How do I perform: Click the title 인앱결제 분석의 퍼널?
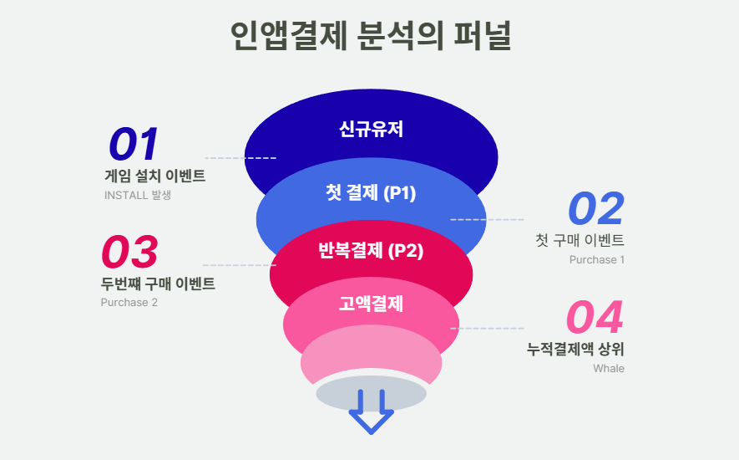[371, 36]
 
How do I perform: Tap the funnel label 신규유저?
[371, 129]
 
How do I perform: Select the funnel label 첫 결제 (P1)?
[371, 192]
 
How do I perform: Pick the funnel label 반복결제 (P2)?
[371, 250]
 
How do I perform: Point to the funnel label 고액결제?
[371, 304]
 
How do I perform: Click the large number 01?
[134, 144]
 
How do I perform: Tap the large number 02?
[596, 208]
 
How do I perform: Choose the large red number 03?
[129, 252]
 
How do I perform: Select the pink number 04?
[595, 317]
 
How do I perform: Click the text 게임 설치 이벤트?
[155, 176]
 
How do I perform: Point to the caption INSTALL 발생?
[138, 195]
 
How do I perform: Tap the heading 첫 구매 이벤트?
[580, 240]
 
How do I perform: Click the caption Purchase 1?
[597, 260]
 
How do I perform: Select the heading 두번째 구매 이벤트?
[158, 284]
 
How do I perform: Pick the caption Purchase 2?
[129, 302]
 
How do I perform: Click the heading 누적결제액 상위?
[575, 350]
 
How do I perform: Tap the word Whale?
[609, 368]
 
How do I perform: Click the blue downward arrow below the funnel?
[371, 411]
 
